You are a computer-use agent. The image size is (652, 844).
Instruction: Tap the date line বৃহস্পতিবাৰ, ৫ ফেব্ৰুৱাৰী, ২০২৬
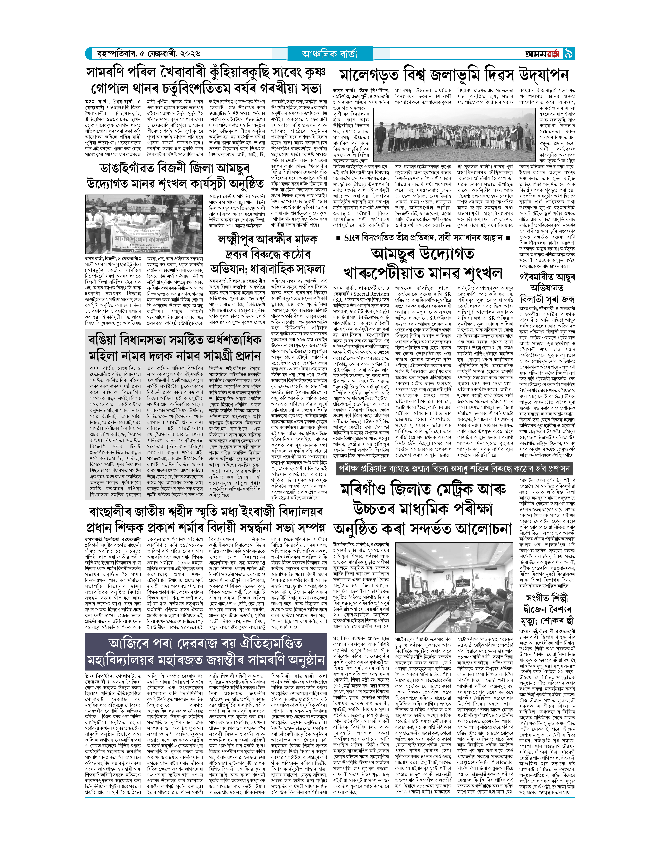149,54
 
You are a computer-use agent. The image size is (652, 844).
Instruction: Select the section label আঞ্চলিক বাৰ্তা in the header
330,54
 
